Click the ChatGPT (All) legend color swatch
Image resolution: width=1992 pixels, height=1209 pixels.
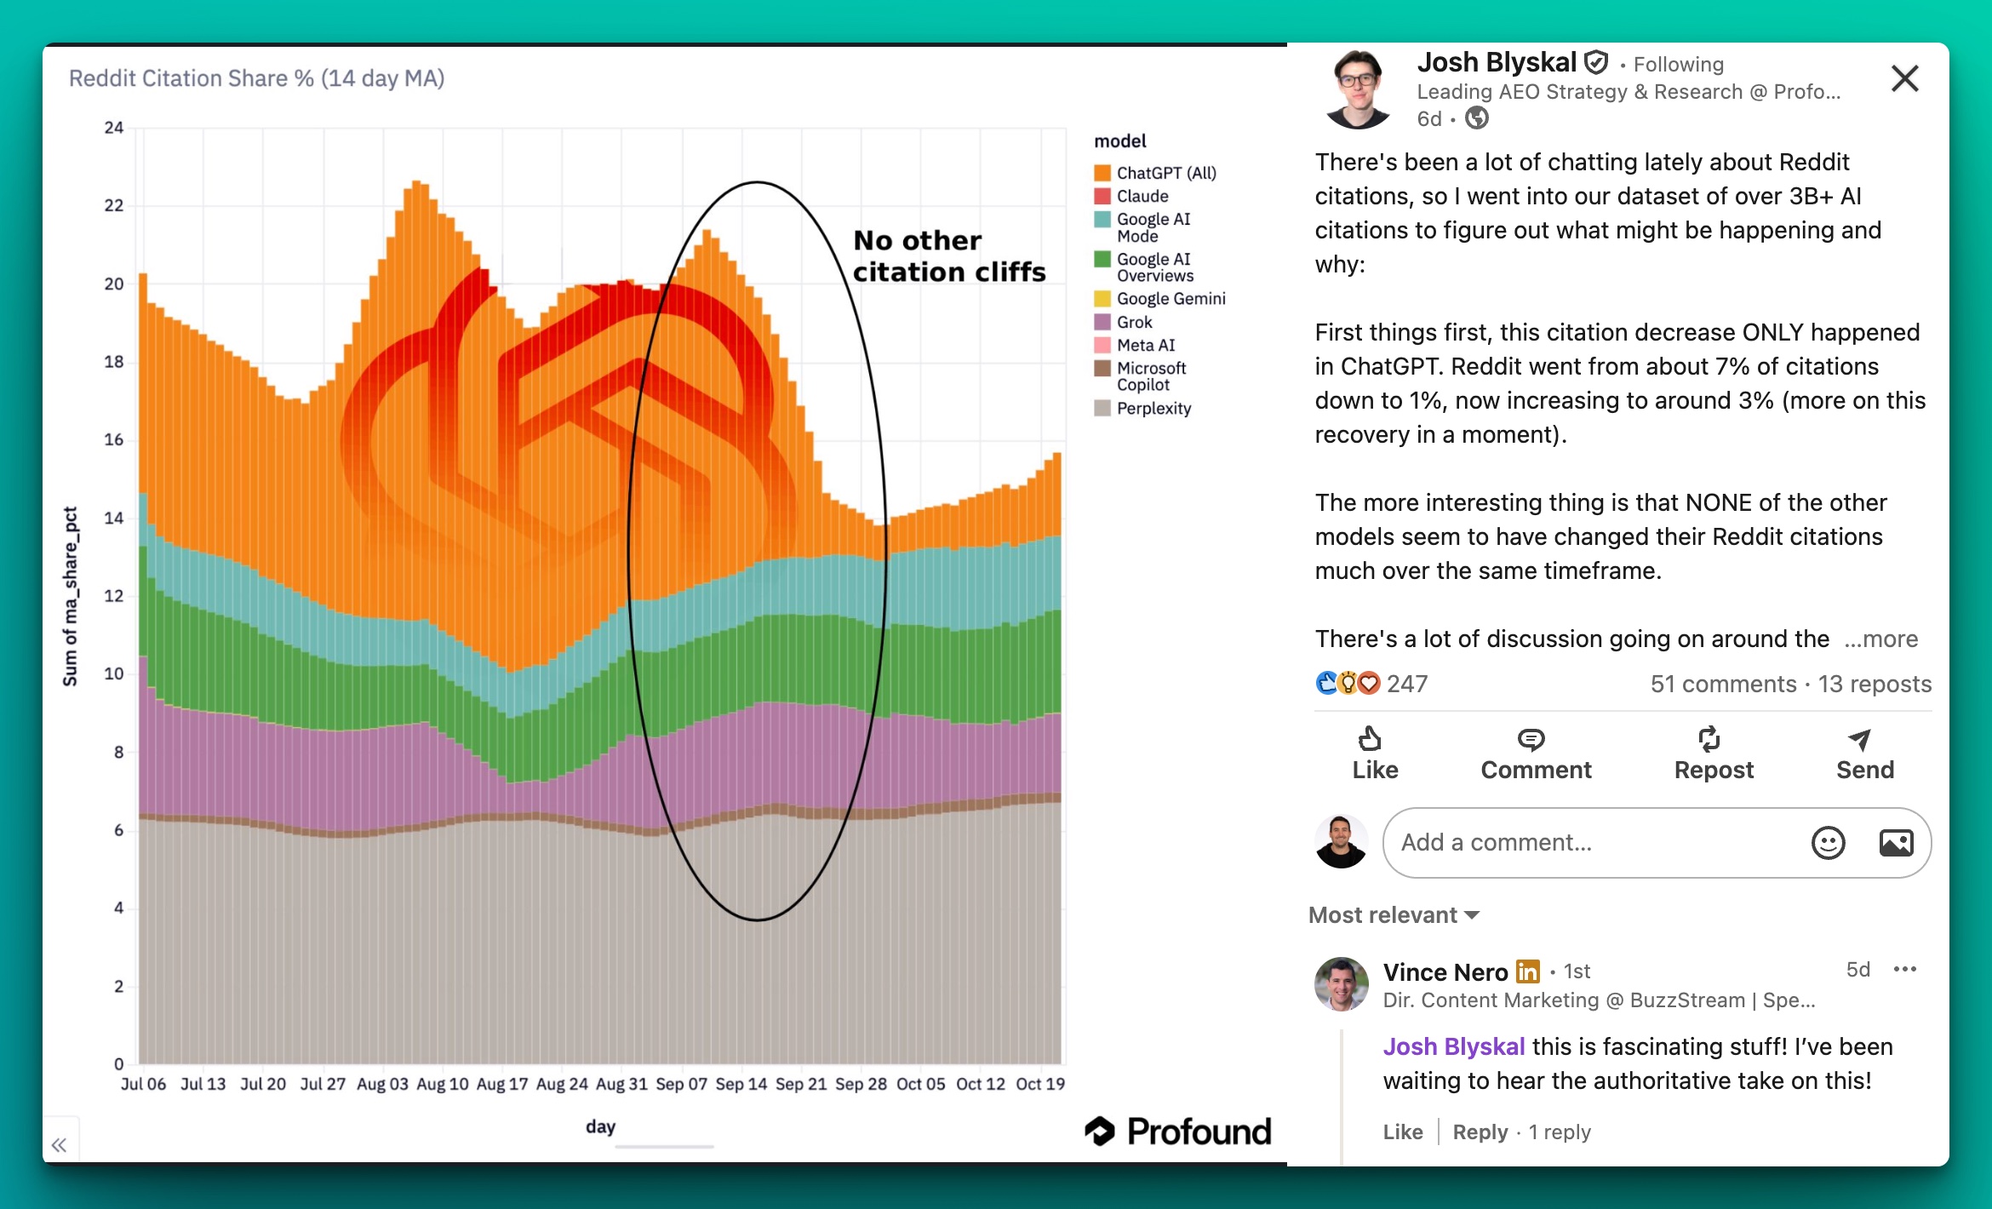(x=1102, y=173)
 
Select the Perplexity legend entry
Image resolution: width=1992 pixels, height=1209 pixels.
(x=1153, y=409)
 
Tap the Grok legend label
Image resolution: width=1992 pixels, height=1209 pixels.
(x=1134, y=323)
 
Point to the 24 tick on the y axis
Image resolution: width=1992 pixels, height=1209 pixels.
(x=114, y=129)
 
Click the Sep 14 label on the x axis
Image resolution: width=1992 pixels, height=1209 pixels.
(x=741, y=1084)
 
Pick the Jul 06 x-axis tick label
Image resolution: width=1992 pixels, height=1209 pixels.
(x=143, y=1084)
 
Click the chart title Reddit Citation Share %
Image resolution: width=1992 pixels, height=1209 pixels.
(x=256, y=78)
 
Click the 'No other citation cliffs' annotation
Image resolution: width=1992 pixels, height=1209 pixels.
(x=948, y=256)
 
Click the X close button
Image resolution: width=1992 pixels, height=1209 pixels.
(x=1904, y=78)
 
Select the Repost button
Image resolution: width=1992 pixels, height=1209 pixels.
(x=1713, y=753)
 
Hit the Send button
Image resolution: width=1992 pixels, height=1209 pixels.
(x=1864, y=753)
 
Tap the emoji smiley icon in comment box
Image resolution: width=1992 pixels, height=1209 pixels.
(x=1828, y=843)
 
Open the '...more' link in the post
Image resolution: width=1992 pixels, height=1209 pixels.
(x=1881, y=639)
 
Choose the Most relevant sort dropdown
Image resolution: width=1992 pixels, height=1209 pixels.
(x=1394, y=915)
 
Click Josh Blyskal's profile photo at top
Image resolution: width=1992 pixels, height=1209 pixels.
(x=1359, y=89)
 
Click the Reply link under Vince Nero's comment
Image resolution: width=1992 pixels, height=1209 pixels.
(x=1480, y=1132)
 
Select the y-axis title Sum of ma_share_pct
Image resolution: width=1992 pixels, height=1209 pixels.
(x=71, y=596)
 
